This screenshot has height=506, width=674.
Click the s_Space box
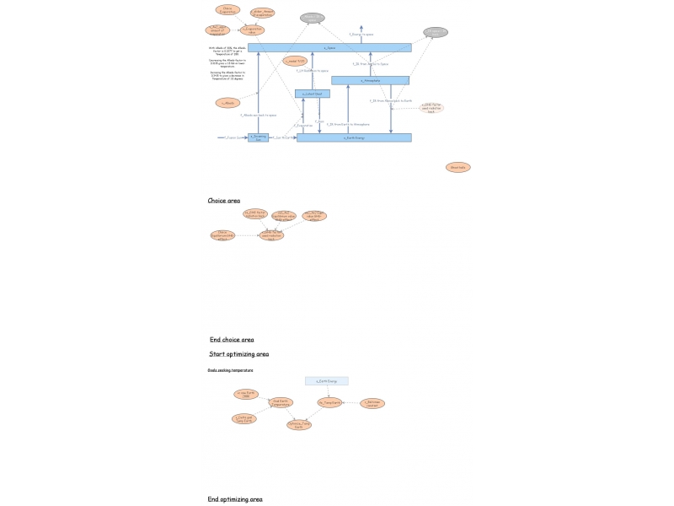coord(329,48)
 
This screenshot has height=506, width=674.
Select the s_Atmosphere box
coord(370,81)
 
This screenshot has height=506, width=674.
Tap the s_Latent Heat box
coord(313,94)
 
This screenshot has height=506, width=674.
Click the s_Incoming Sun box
coord(259,137)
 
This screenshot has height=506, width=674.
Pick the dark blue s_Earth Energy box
coord(354,137)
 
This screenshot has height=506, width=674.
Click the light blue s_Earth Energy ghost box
coord(326,381)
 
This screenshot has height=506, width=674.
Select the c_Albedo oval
coord(227,103)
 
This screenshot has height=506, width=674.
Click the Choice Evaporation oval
coord(227,10)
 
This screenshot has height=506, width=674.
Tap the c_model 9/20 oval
coord(295,61)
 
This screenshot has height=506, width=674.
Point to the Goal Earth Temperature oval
coord(281,403)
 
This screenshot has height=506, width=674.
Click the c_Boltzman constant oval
coord(372,403)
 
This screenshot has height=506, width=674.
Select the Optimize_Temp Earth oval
coord(298,425)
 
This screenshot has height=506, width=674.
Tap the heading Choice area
coord(224,201)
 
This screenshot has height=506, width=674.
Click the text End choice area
coord(232,340)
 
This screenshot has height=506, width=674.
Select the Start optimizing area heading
coord(239,354)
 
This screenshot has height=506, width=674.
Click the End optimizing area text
coord(235,499)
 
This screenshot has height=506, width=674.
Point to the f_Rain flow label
coord(319,121)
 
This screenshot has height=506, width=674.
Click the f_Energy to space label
coord(361,35)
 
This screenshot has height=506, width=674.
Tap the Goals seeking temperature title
coord(230,370)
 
